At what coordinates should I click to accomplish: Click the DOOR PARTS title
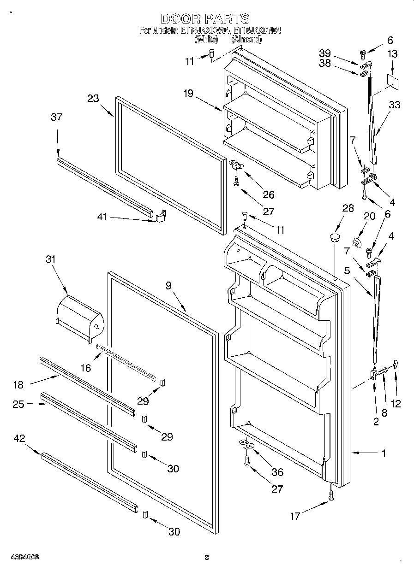click(205, 19)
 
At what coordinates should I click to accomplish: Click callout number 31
click(50, 259)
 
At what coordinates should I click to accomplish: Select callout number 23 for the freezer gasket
click(93, 98)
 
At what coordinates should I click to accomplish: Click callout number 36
click(277, 472)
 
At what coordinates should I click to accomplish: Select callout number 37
click(56, 118)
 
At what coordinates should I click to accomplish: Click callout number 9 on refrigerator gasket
click(168, 286)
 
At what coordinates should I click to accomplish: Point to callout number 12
click(395, 403)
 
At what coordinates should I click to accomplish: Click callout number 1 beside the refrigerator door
click(384, 453)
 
